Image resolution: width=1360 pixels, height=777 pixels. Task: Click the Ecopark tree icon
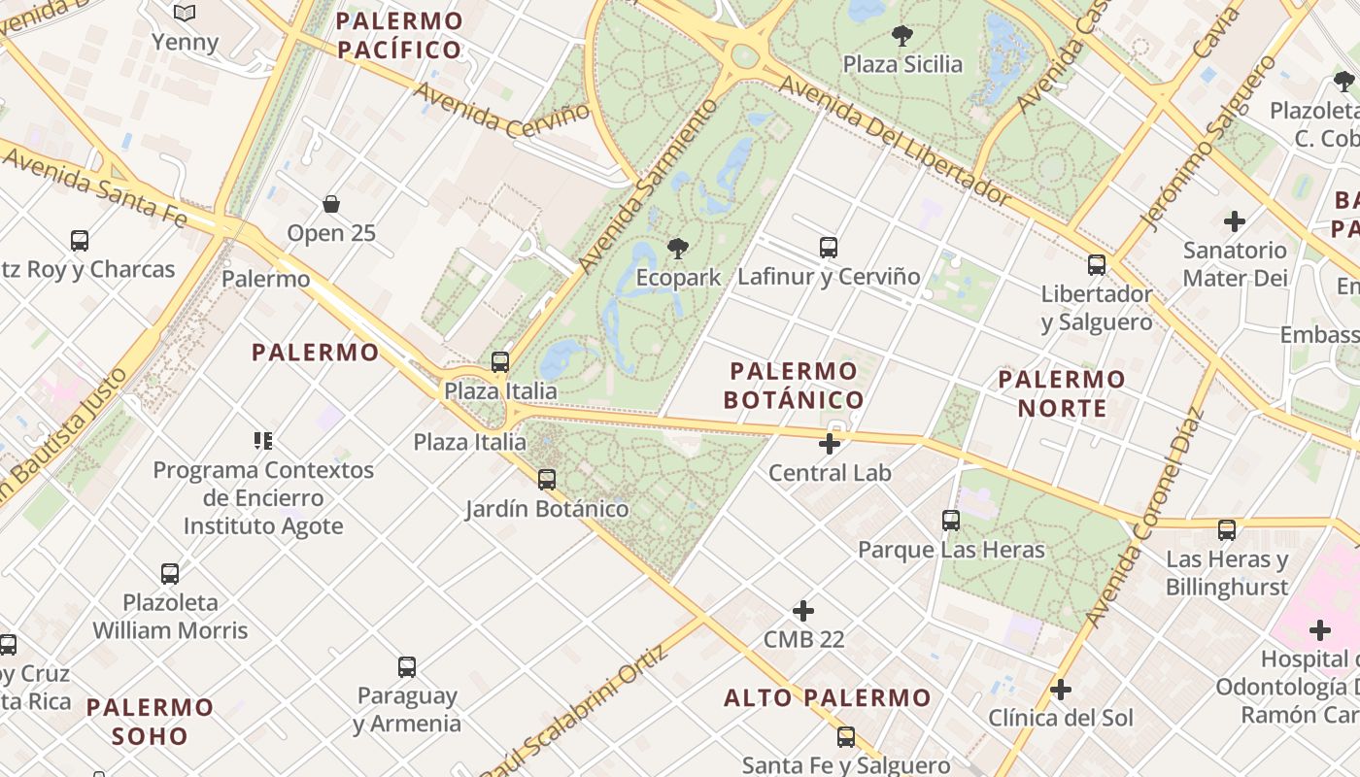(677, 249)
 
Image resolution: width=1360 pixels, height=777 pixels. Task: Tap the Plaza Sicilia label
(902, 64)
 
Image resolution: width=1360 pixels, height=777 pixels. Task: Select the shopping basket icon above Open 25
(331, 204)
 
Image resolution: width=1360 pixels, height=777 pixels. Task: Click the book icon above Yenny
(185, 14)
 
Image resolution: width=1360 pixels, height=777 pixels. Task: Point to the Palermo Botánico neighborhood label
(794, 385)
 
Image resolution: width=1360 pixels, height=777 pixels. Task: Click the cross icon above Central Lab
(830, 444)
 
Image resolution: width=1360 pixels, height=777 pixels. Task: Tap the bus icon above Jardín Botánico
(547, 479)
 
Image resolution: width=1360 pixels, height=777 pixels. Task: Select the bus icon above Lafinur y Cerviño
(829, 248)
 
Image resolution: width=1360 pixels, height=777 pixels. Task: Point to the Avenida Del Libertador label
(896, 142)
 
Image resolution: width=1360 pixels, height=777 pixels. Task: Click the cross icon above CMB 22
(803, 611)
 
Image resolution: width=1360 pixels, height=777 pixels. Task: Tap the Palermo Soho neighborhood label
(150, 721)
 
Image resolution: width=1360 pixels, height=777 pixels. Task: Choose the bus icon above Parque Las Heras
(951, 521)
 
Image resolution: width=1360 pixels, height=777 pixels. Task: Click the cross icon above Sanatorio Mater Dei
(1235, 221)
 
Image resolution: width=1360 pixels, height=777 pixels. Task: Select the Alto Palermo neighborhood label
(828, 697)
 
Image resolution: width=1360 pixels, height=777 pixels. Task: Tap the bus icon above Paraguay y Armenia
(407, 667)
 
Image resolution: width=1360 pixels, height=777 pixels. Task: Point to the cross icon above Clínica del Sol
(1061, 690)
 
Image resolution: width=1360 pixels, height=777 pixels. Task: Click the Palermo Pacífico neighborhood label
(399, 35)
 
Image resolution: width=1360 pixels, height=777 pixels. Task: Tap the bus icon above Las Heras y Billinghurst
(1227, 530)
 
